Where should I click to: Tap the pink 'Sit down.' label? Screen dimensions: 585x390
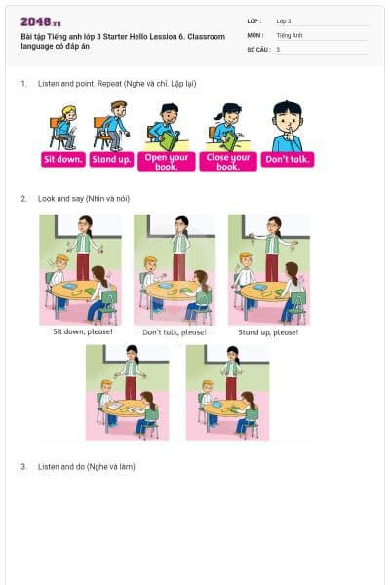click(64, 159)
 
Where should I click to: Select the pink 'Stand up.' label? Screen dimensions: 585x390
click(111, 159)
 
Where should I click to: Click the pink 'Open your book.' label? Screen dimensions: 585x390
click(166, 161)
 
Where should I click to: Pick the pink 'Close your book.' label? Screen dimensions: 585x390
click(227, 161)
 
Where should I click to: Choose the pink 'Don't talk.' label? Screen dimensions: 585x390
click(288, 159)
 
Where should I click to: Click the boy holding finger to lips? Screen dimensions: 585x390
click(287, 127)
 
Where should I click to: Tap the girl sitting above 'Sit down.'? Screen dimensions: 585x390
click(64, 126)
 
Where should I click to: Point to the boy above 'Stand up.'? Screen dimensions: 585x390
click(114, 124)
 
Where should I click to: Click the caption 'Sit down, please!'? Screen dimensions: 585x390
click(82, 331)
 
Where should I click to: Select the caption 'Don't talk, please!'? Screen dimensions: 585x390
click(174, 331)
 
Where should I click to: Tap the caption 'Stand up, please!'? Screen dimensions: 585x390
click(268, 331)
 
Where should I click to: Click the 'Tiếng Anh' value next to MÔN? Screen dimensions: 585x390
click(290, 35)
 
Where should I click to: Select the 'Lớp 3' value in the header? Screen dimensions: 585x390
click(284, 20)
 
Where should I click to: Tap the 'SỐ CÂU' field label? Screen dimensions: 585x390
click(258, 49)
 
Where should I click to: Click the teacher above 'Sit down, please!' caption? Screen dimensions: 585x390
click(84, 244)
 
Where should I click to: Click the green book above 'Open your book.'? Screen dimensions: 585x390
click(168, 140)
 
